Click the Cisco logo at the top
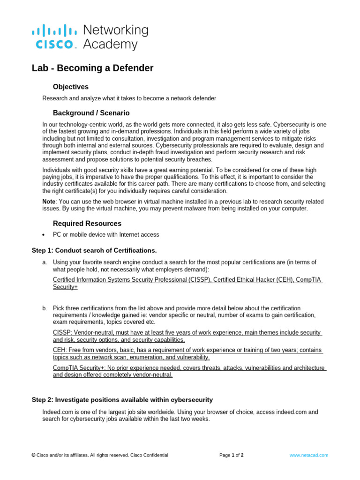coord(54,37)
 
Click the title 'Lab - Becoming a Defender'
coord(92,68)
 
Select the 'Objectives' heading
coord(70,87)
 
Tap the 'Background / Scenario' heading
coord(91,113)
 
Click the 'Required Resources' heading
coord(87,224)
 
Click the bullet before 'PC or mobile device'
coord(43,235)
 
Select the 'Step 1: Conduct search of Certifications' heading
coord(94,250)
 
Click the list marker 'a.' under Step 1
coord(45,262)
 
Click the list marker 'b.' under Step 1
coord(45,308)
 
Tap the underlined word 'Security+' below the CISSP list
coord(65,287)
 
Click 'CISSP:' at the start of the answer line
coord(63,332)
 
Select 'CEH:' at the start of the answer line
coord(60,350)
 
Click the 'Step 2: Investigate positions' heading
coord(122,400)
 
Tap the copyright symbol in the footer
coord(33,455)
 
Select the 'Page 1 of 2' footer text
coord(232,455)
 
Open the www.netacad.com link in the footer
coord(308,455)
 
